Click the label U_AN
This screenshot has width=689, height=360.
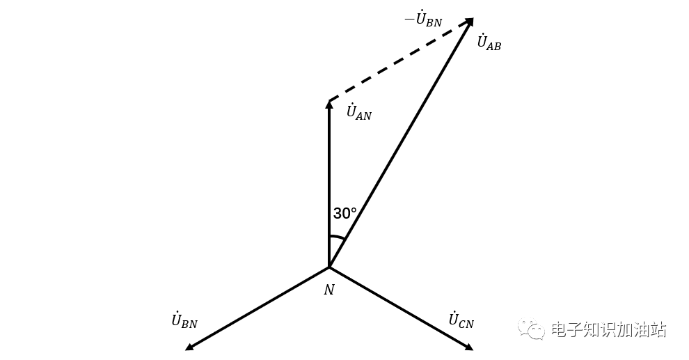pos(358,112)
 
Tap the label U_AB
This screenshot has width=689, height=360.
pos(489,42)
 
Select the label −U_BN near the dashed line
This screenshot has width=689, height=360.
pos(423,19)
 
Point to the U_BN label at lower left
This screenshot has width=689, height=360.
pos(184,321)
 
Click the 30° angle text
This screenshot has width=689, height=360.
pos(344,214)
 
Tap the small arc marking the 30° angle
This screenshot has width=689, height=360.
pos(337,237)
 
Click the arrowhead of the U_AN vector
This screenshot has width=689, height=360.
pos(329,104)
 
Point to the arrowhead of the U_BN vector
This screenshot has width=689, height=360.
pos(189,345)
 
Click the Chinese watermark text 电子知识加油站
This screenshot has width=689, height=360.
pos(608,329)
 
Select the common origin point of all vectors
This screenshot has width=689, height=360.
pos(329,267)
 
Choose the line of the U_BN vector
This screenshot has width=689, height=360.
pos(258,307)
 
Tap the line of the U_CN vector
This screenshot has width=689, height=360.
pos(400,307)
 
